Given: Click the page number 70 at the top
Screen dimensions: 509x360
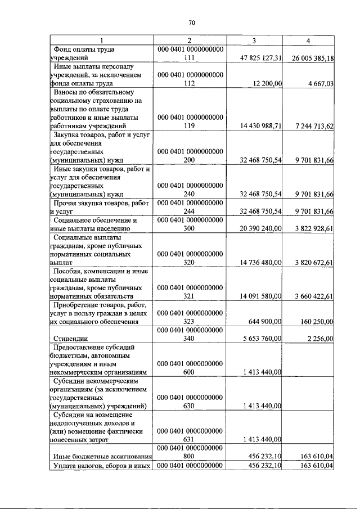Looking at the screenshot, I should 191,23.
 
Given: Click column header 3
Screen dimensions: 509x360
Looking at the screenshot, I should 254,40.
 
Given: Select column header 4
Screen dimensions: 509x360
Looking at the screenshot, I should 308,40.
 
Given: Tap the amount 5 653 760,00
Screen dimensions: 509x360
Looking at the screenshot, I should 263,339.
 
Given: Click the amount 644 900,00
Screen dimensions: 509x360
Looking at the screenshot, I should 265,322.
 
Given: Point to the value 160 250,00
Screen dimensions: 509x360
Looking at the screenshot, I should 317,322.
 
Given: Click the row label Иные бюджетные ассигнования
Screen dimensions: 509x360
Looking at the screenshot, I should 101,457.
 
